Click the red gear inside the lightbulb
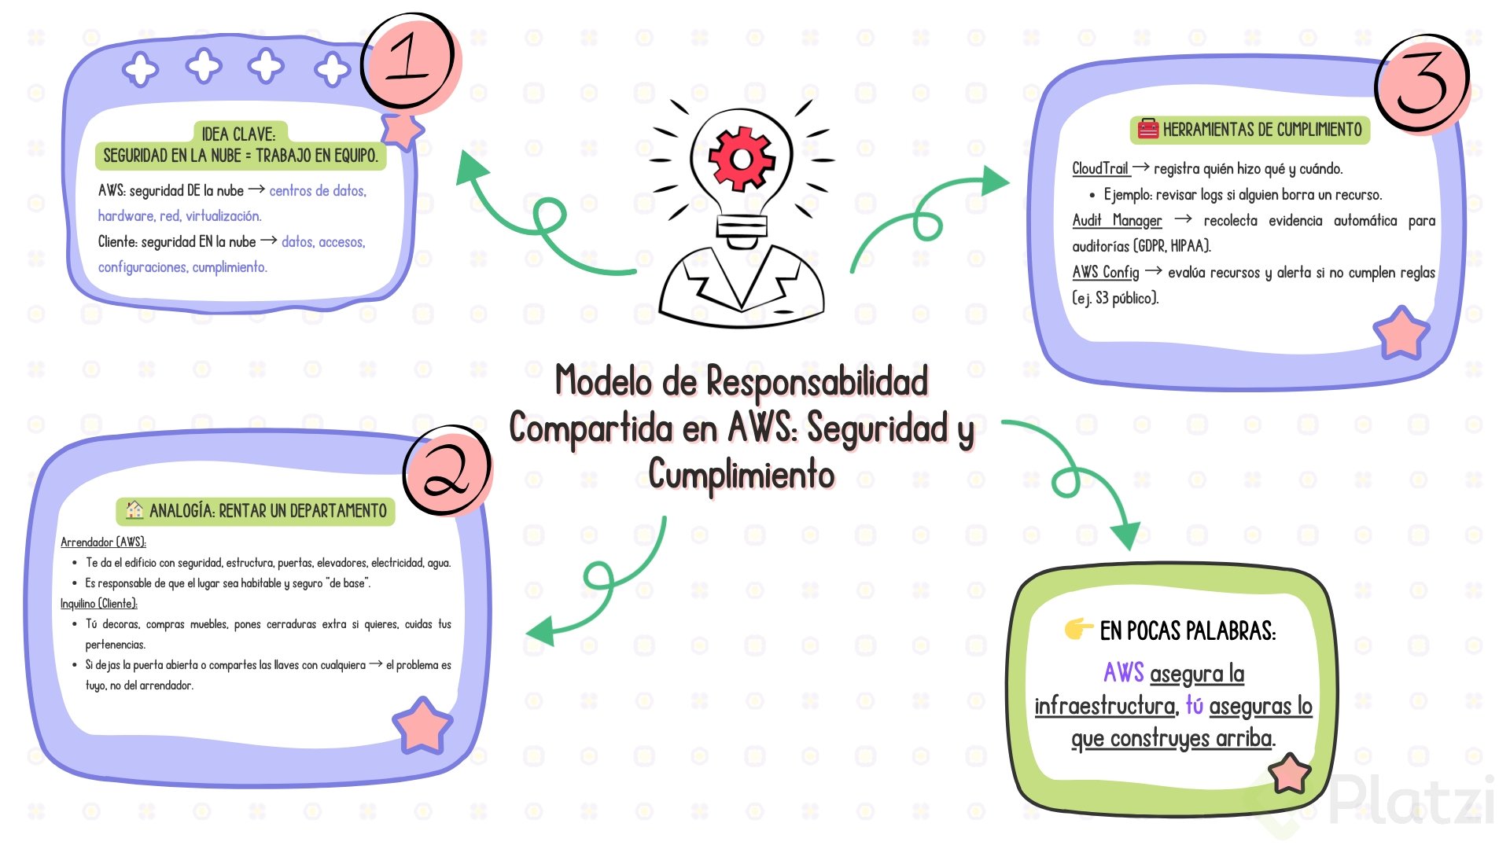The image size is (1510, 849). [741, 158]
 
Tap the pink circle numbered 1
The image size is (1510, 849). [408, 61]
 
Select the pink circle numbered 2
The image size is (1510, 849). [447, 469]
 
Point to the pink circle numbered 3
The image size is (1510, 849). [1422, 82]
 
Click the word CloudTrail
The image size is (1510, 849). [1100, 168]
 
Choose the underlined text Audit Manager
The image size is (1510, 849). [1117, 221]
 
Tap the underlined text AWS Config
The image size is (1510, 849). [1106, 272]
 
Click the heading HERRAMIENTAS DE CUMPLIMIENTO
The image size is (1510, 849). [1261, 130]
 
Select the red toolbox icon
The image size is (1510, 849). [1148, 129]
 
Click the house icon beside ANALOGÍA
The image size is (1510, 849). [134, 510]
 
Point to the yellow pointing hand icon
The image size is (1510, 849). [1078, 629]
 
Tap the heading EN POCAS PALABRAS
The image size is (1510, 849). [1188, 630]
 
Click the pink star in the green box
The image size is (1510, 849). [1290, 774]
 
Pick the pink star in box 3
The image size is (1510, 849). [1401, 333]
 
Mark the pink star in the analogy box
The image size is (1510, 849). [422, 725]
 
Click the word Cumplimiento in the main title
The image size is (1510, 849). [741, 475]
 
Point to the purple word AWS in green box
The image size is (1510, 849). [1123, 673]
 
